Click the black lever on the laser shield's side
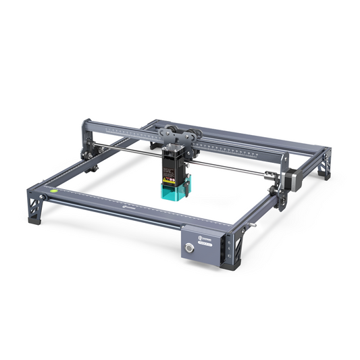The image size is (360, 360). (x=191, y=182)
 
